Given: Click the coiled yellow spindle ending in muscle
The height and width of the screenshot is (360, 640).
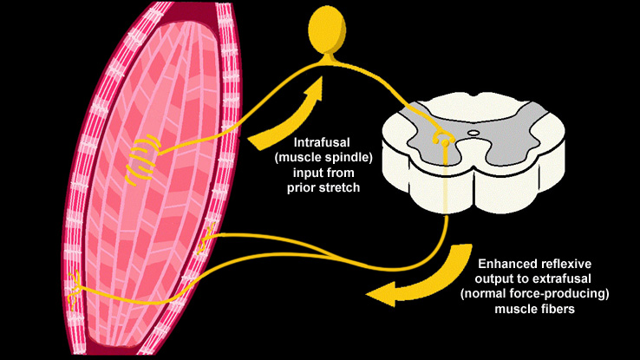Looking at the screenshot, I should [x=141, y=162].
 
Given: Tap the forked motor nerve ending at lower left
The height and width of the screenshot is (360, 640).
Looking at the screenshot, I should [x=77, y=281].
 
